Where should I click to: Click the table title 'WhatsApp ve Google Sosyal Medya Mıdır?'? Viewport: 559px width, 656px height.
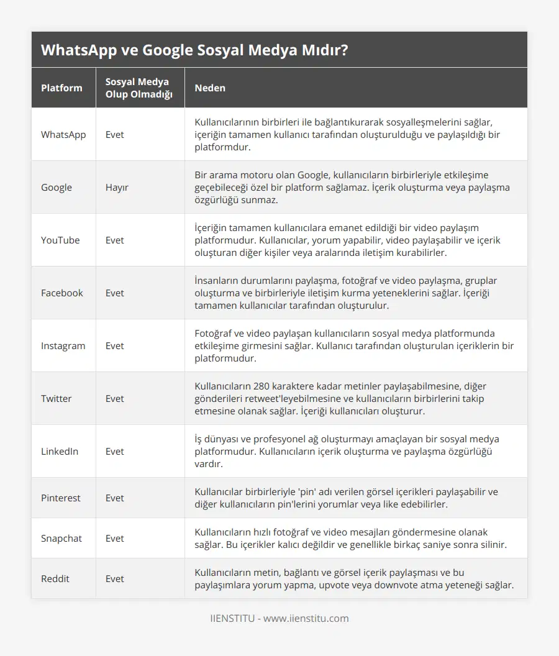coord(194,50)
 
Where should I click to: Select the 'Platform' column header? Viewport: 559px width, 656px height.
coord(61,88)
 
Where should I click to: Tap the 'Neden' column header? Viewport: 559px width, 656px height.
coord(210,88)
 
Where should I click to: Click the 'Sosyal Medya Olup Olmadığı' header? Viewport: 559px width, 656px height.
coord(137,88)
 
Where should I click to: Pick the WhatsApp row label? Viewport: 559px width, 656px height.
coord(63,134)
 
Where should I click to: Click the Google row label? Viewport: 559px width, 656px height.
coord(57,187)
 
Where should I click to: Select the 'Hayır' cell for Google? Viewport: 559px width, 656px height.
coord(117,187)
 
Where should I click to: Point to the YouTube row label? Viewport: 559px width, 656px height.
coord(60,240)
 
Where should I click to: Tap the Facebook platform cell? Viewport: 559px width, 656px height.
coord(61,293)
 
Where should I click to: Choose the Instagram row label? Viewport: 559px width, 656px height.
coord(63,345)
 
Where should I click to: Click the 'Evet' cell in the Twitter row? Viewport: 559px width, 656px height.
coord(115,398)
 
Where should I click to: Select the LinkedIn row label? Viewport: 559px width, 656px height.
coord(60,451)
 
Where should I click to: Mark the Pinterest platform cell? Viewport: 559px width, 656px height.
coord(60,498)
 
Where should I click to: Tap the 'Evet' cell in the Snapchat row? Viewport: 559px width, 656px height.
coord(115,538)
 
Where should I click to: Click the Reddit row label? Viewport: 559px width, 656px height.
coord(55,578)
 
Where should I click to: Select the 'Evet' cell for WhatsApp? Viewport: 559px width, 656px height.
coord(115,134)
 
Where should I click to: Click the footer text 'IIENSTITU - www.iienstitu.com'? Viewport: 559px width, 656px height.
coord(279,618)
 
